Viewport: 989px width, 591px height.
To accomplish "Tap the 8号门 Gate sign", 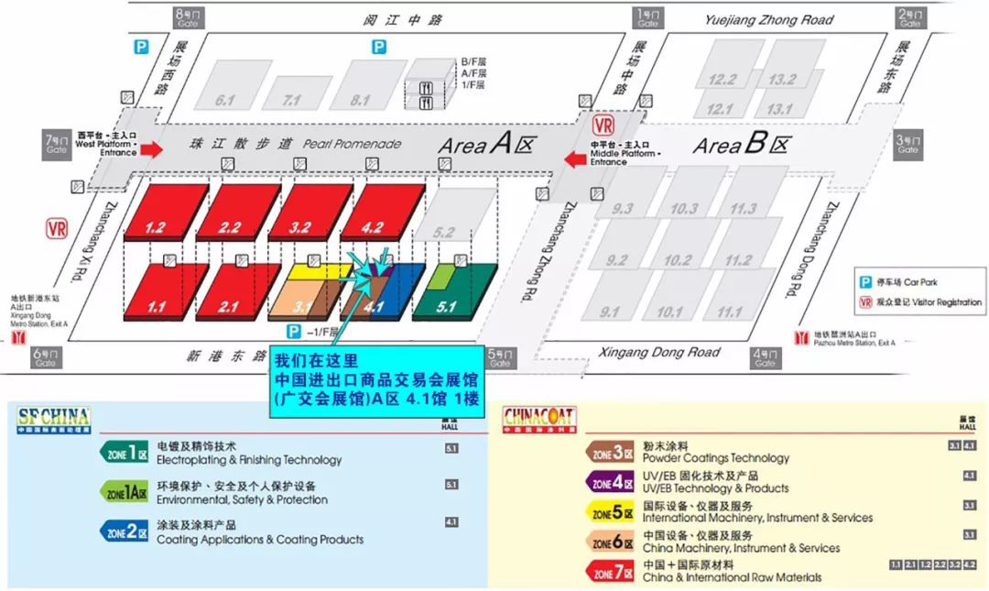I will coord(185,17).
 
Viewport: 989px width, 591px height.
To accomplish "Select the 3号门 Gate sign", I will coord(907,144).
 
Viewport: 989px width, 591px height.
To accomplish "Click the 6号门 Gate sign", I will coord(45,357).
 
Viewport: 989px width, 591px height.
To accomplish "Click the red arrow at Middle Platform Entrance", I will coord(576,159).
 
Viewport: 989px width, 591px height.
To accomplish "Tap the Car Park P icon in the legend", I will coord(864,282).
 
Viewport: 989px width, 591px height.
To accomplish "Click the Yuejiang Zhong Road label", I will coord(769,20).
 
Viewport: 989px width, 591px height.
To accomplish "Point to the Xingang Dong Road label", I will coord(658,353).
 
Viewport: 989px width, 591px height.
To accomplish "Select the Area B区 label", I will coord(741,145).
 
